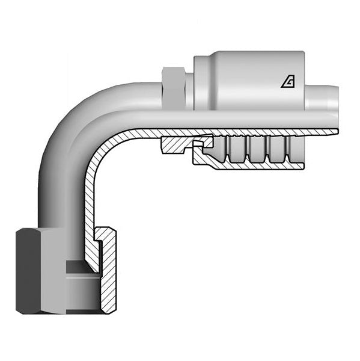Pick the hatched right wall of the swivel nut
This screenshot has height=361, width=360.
click(109, 277)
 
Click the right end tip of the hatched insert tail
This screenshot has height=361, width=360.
click(334, 132)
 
